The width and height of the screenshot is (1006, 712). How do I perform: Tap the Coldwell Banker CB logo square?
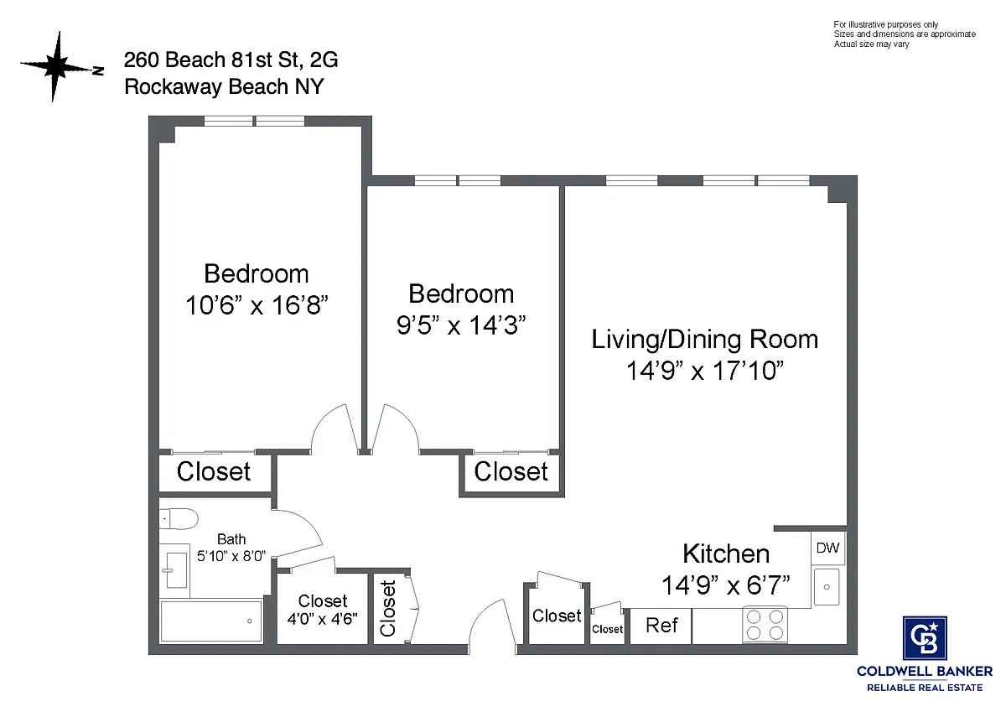tap(925, 638)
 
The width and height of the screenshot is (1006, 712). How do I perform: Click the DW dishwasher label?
tap(827, 548)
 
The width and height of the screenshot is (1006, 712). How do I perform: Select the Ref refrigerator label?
tap(661, 625)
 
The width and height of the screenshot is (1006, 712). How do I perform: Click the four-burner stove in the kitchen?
tap(765, 625)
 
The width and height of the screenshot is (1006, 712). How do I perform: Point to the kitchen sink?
tap(827, 586)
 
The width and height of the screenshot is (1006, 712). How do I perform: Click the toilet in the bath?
tap(179, 519)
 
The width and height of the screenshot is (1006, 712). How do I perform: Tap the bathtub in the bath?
tap(211, 621)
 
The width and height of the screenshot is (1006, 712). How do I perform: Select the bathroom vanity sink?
tap(176, 570)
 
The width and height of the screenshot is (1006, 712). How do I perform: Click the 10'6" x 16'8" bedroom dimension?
tap(257, 305)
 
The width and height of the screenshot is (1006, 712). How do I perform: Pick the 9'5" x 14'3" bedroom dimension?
tap(461, 325)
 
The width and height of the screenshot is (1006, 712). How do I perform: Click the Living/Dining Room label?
tap(705, 339)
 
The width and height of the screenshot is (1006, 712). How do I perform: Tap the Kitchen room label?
tap(726, 553)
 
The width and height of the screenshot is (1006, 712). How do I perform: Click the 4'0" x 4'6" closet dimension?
tap(323, 619)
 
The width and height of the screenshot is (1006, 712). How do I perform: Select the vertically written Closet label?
tap(387, 609)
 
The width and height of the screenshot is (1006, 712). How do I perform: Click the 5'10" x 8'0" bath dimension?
tap(231, 556)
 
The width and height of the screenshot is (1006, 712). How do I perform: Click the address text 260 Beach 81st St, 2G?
tap(231, 60)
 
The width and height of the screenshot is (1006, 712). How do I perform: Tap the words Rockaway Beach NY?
tap(224, 86)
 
